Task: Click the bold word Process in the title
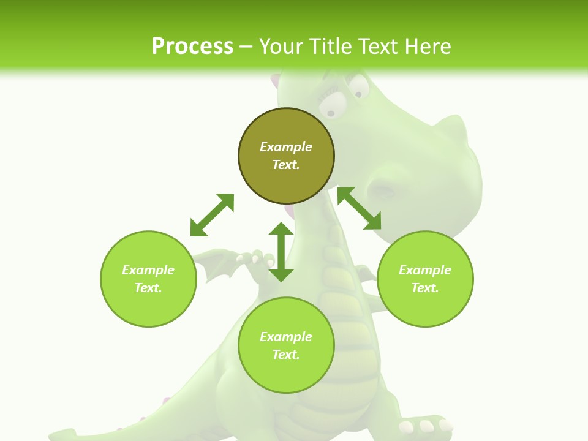[x=192, y=46]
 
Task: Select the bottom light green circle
[x=286, y=374]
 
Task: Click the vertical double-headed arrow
[x=281, y=252]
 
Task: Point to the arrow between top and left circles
[x=212, y=215]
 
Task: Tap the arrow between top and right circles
[x=359, y=208]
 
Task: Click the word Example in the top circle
[x=286, y=147]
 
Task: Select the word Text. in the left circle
[x=148, y=288]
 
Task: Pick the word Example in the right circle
[x=425, y=270]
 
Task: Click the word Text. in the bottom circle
[x=286, y=355]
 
